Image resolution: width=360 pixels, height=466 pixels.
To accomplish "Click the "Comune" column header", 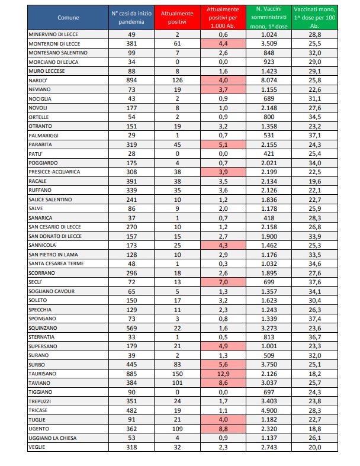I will point(68,18).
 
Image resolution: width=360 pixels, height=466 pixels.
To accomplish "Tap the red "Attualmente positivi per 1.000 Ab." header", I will point(224,18).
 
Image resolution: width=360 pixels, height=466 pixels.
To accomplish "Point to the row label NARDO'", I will point(37,80).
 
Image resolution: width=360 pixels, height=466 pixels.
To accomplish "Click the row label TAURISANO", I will point(43,374).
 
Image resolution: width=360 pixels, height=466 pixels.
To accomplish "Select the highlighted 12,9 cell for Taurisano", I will point(224,374).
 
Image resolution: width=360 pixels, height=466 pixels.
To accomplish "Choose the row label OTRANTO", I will point(40,125).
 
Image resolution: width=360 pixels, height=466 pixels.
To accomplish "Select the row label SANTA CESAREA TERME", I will point(57,262).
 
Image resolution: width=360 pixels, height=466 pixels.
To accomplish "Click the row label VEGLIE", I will point(37,447).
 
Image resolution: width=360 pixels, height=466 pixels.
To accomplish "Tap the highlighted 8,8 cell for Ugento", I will point(224,429).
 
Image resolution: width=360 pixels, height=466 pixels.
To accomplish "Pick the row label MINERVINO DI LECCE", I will point(55,36).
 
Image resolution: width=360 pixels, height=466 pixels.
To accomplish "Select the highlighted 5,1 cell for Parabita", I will point(224,143).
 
